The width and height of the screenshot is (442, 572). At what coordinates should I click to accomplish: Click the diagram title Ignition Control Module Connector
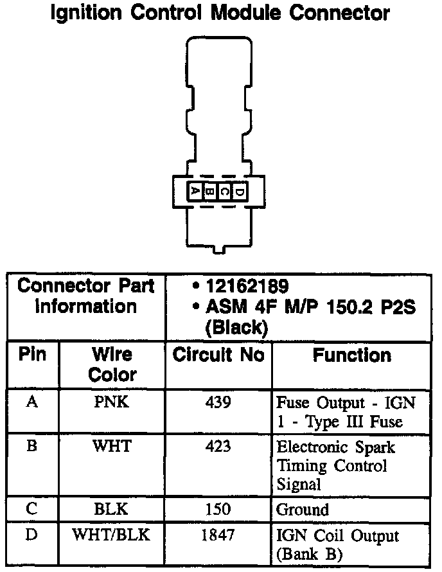click(220, 13)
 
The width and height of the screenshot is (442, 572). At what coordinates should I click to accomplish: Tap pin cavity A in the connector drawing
click(194, 191)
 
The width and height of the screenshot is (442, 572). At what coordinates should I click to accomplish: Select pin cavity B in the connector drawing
click(209, 191)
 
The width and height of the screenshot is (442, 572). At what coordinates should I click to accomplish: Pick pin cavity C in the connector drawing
click(224, 191)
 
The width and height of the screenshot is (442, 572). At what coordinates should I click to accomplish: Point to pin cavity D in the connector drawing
click(238, 191)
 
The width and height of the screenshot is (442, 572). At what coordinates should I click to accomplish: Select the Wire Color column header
click(112, 364)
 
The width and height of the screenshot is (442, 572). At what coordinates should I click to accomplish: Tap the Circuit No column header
click(218, 355)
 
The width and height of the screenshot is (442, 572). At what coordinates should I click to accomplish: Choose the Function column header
click(351, 355)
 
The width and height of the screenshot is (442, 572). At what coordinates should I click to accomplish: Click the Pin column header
click(33, 355)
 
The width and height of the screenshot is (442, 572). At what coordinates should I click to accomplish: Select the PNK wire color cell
click(112, 403)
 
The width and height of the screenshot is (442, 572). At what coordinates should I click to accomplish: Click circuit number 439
click(218, 403)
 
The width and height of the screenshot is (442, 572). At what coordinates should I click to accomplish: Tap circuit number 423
click(218, 446)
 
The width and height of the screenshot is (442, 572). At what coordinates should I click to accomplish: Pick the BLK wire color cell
click(112, 510)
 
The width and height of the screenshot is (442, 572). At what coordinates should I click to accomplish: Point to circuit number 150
click(218, 510)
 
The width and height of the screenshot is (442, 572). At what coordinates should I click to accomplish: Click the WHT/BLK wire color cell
click(112, 535)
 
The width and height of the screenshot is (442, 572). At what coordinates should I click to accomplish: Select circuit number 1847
click(218, 535)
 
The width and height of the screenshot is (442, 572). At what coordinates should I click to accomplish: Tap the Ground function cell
click(303, 510)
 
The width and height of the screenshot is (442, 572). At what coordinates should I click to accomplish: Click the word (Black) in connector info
click(236, 327)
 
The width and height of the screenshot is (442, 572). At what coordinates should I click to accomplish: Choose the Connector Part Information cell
click(86, 296)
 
